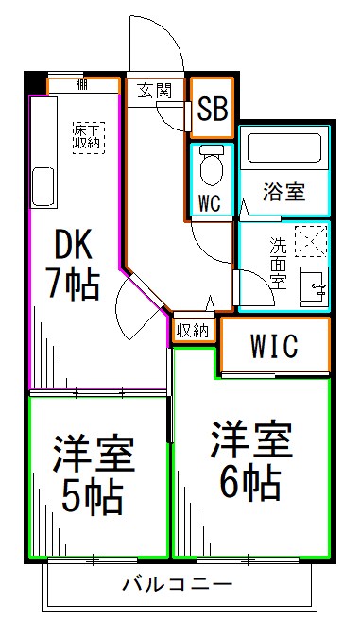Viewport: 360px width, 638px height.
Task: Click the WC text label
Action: click(x=210, y=202)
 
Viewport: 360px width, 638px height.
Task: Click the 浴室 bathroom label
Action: click(x=283, y=193)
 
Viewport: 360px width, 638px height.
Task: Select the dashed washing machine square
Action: click(x=310, y=241)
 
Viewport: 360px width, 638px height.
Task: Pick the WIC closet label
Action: click(x=275, y=346)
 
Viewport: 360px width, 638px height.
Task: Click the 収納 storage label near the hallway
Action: click(x=193, y=330)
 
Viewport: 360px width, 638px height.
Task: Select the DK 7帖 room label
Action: click(x=74, y=266)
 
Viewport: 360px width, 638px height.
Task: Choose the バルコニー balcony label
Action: click(x=177, y=585)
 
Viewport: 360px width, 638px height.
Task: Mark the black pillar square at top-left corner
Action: click(x=35, y=82)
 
